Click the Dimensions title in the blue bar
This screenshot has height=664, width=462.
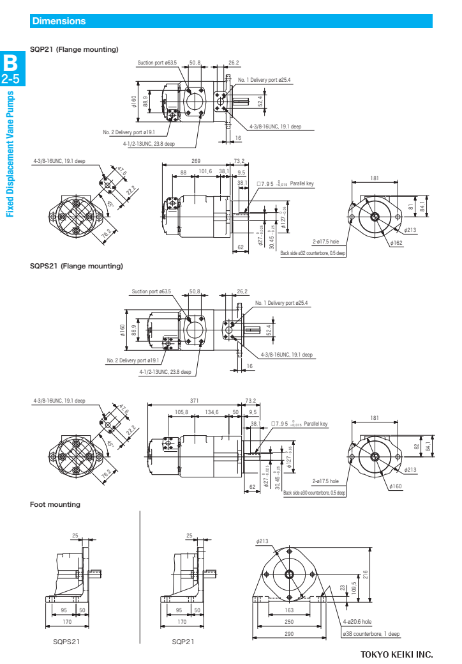click(x=59, y=21)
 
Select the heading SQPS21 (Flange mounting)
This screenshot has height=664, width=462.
click(x=77, y=266)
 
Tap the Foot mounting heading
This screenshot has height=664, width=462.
click(x=56, y=504)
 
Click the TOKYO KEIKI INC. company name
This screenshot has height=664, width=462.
click(x=396, y=654)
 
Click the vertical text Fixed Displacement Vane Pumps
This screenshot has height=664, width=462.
click(x=10, y=154)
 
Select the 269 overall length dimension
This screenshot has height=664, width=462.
click(x=196, y=161)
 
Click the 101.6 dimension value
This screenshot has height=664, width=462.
click(x=205, y=171)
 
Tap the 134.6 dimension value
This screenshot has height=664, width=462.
click(x=212, y=412)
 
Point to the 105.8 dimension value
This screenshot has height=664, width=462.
click(x=181, y=412)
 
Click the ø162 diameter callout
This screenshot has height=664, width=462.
click(x=397, y=243)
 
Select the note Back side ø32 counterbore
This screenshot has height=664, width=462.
click(x=313, y=253)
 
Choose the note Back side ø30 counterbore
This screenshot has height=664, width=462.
click(x=314, y=493)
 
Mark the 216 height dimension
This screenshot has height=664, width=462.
click(x=365, y=573)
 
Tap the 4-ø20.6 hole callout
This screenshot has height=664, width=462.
click(x=357, y=621)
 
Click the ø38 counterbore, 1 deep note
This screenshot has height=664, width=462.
click(x=371, y=634)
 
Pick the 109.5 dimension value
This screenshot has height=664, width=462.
click(x=354, y=587)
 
